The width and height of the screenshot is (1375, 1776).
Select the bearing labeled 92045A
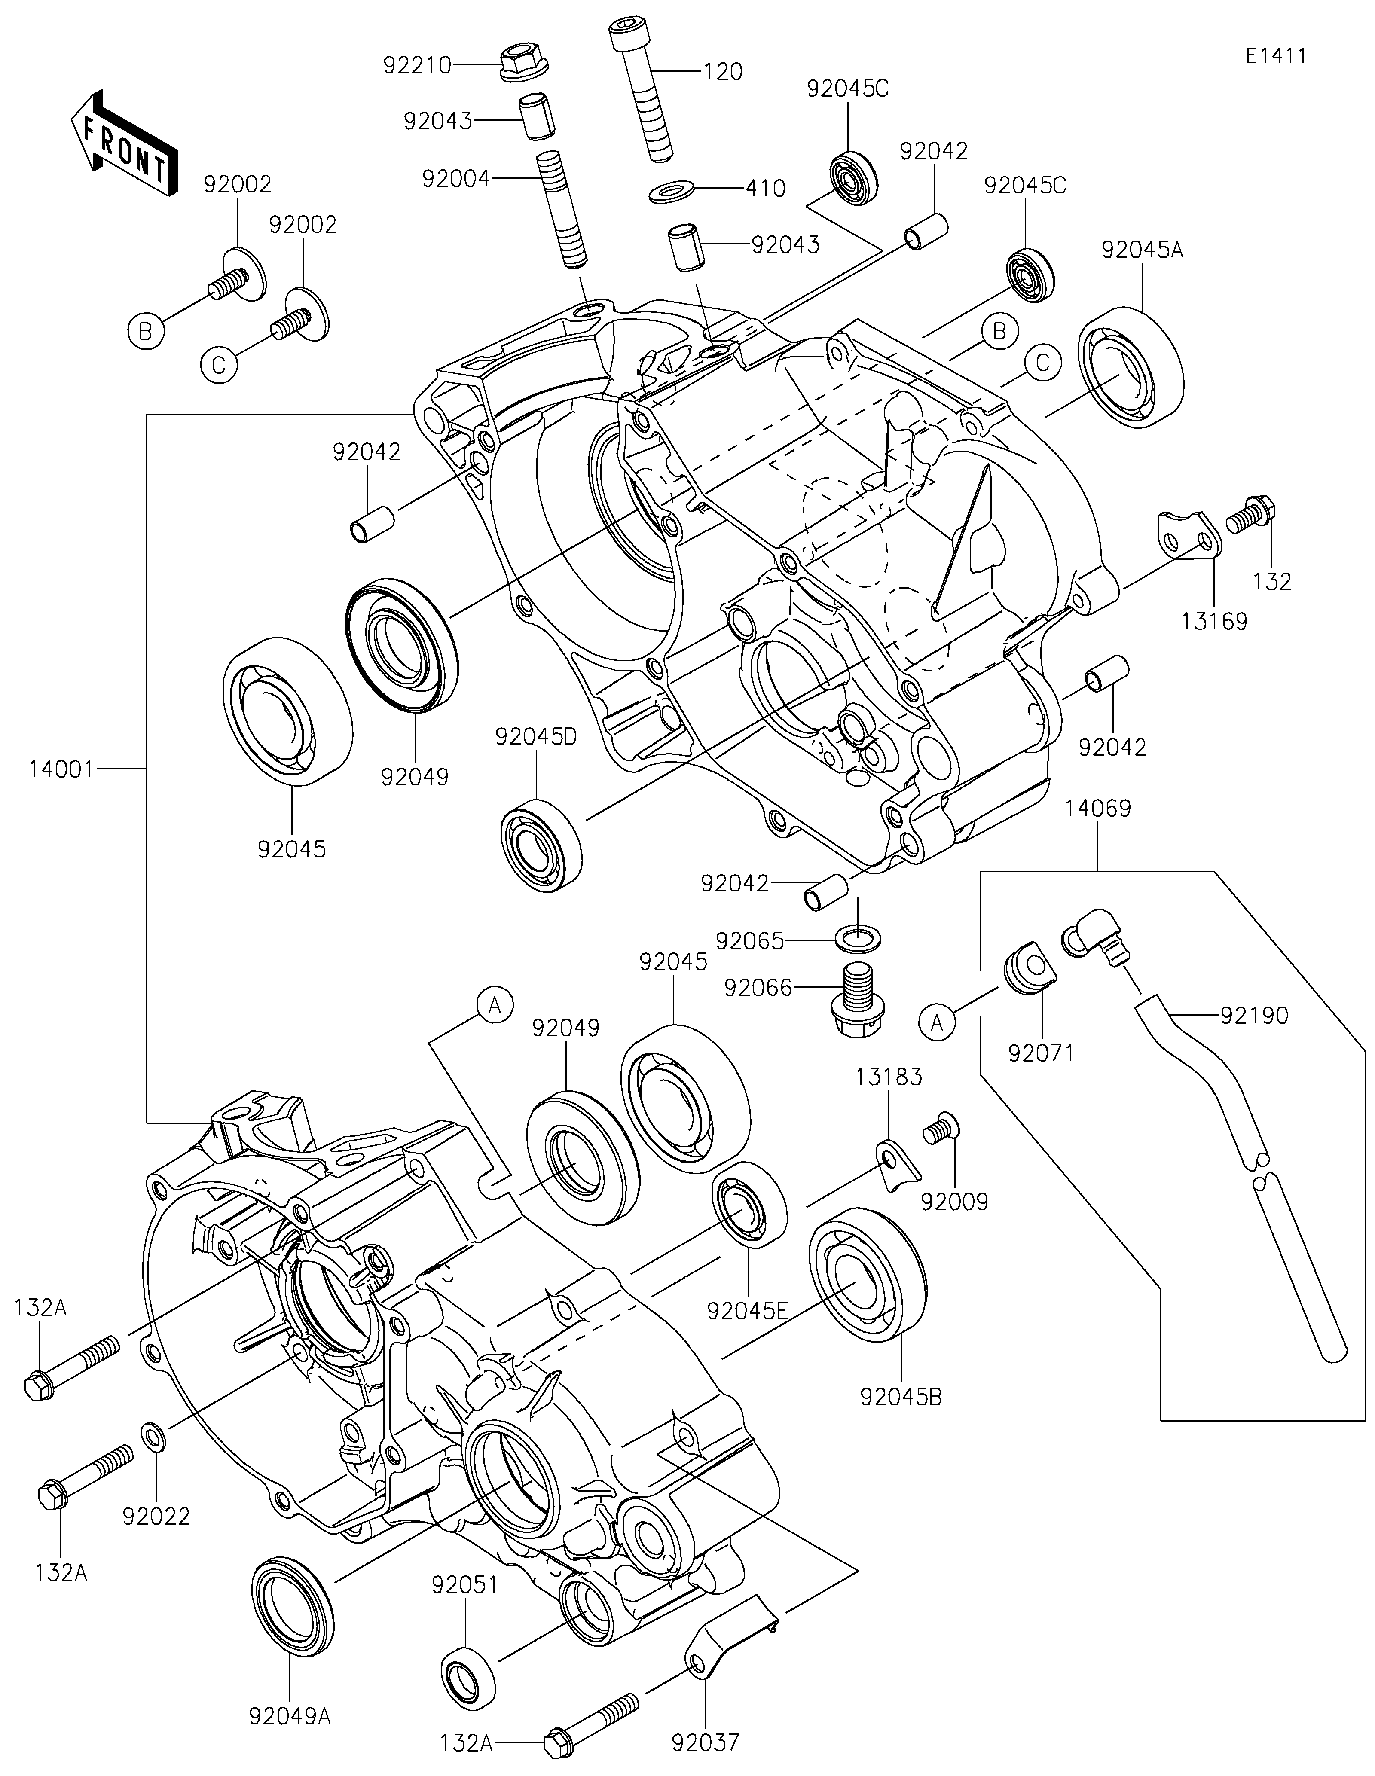(1130, 368)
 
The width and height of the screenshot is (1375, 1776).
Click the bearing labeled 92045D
(541, 842)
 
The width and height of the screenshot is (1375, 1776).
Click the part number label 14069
(1098, 809)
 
